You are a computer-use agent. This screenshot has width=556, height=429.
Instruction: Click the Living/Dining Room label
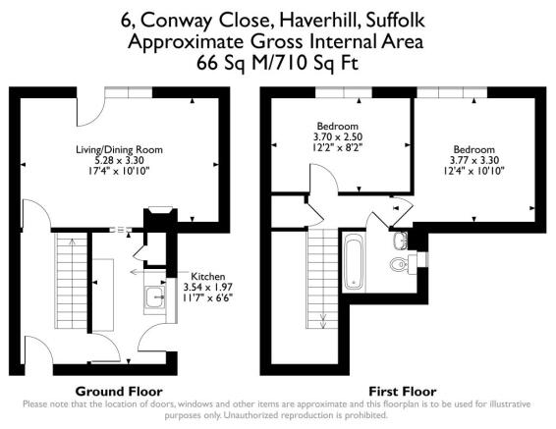coord(120,149)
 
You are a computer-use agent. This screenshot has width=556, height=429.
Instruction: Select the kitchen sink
coord(156,296)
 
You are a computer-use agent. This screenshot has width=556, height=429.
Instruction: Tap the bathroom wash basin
coord(399,241)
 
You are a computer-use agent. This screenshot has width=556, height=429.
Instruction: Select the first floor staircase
coord(322,280)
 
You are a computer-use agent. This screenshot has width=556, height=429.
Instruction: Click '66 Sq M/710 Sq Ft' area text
coord(278,62)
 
